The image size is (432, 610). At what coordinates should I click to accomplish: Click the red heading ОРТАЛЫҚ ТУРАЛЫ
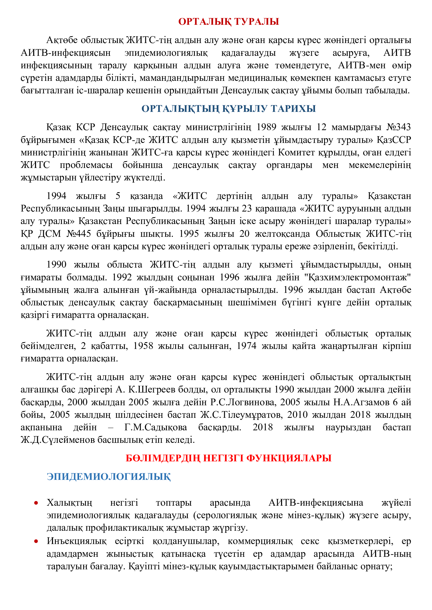click(229, 22)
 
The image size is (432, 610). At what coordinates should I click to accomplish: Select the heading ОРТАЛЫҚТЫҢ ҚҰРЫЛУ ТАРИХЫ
click(229, 109)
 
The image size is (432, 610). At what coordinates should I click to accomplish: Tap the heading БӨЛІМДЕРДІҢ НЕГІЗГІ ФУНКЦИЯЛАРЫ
click(229, 458)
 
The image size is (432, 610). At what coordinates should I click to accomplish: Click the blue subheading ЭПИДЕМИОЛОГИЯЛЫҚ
click(109, 476)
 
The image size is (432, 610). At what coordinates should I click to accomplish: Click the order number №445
click(78, 233)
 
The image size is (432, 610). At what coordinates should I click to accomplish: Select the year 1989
click(266, 127)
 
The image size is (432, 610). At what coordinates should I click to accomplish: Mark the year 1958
click(143, 346)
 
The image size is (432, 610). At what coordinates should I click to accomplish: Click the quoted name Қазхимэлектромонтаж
click(358, 277)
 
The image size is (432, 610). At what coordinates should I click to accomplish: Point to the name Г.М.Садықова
click(155, 427)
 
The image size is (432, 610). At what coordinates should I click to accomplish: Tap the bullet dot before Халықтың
click(36, 503)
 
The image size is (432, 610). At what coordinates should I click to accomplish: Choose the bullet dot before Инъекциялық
click(36, 541)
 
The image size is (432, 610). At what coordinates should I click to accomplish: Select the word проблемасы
click(86, 165)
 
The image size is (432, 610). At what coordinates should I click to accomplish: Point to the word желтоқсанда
click(282, 233)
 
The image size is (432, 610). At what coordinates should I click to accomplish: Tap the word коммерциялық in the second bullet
click(260, 541)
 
